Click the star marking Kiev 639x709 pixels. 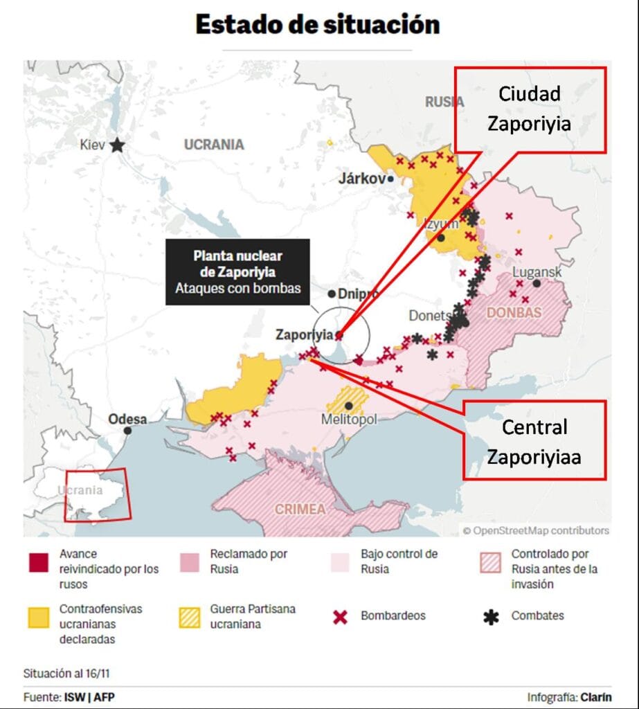tap(118, 145)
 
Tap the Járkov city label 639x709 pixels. tap(361, 179)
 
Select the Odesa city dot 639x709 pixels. tap(128, 431)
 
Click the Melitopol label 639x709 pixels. tap(349, 420)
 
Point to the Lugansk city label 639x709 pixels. tap(537, 271)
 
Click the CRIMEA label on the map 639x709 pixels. tap(300, 509)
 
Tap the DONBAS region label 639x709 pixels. tap(514, 312)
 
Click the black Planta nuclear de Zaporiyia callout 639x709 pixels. tap(237, 271)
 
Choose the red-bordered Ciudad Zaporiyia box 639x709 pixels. tap(530, 109)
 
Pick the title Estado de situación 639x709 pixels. tap(318, 24)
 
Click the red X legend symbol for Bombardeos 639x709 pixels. tap(341, 616)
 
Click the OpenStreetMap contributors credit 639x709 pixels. tap(536, 530)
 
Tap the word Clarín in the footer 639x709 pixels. tap(595, 697)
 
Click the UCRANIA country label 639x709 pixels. tap(214, 145)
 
